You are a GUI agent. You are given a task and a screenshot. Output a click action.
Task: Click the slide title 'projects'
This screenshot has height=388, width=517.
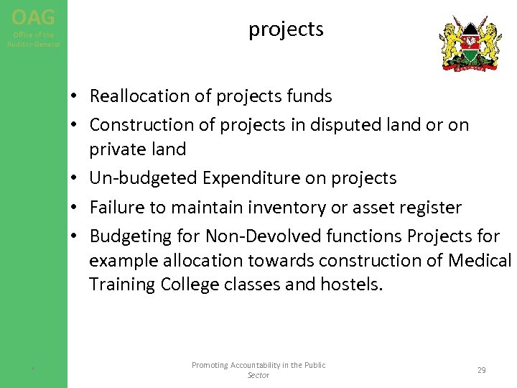[286, 29]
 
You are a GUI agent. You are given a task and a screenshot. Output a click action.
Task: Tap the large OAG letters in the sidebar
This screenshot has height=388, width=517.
[33, 16]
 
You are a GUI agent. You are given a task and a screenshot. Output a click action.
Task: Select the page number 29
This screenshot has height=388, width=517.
[481, 370]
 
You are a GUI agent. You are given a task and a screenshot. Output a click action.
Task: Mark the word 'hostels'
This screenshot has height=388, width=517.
[355, 285]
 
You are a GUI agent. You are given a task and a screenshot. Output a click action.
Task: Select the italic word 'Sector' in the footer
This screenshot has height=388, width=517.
[258, 376]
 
